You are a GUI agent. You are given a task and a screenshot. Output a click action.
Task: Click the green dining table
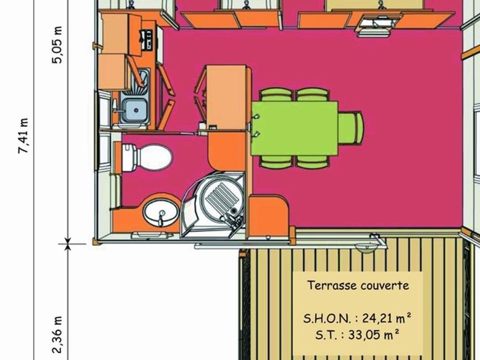coord(294,129)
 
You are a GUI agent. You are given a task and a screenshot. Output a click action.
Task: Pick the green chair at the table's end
coord(351,129)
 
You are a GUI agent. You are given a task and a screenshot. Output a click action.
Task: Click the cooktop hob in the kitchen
coord(146,40)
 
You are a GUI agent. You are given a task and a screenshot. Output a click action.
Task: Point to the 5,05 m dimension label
coord(57,45)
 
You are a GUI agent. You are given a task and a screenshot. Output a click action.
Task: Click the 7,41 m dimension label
coord(23,135)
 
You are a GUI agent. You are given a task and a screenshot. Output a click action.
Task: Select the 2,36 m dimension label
coord(57,335)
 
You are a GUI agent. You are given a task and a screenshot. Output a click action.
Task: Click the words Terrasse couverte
coord(358,285)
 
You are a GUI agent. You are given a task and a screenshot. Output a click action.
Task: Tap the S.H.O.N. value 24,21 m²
coord(387,318)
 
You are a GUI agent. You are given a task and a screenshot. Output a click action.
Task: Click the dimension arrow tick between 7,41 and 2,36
coord(68,244)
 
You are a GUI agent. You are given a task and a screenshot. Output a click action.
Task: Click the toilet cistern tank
coord(129,157)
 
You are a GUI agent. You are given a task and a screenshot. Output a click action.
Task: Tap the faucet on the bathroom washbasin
coord(161,218)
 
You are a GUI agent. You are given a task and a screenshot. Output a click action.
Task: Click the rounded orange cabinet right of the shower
coord(268,216)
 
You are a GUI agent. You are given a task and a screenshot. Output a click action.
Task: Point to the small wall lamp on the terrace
coord(366,248)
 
